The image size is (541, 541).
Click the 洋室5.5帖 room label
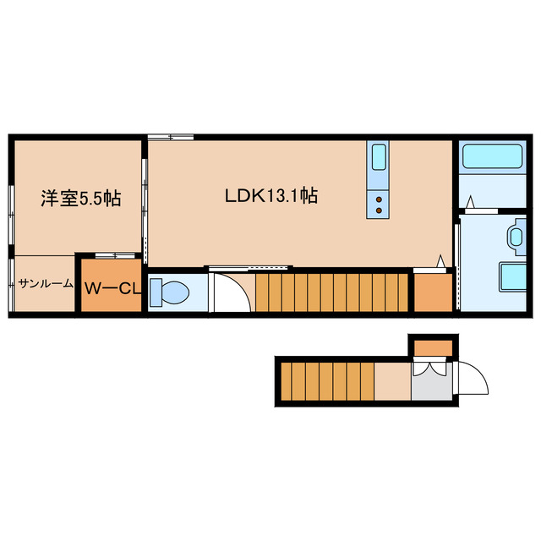point(81,199)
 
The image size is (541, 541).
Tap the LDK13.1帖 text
point(270,196)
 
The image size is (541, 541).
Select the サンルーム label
point(46,284)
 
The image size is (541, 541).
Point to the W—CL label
point(111,288)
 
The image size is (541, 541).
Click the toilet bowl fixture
point(172,292)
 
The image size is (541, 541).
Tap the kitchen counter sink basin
point(379,157)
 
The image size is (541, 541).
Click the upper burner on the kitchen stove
point(379,199)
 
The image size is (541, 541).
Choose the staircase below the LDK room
point(333,292)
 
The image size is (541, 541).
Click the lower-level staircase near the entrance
point(326,380)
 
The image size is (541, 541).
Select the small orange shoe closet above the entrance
point(433,347)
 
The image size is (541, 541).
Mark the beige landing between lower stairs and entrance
point(392,380)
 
